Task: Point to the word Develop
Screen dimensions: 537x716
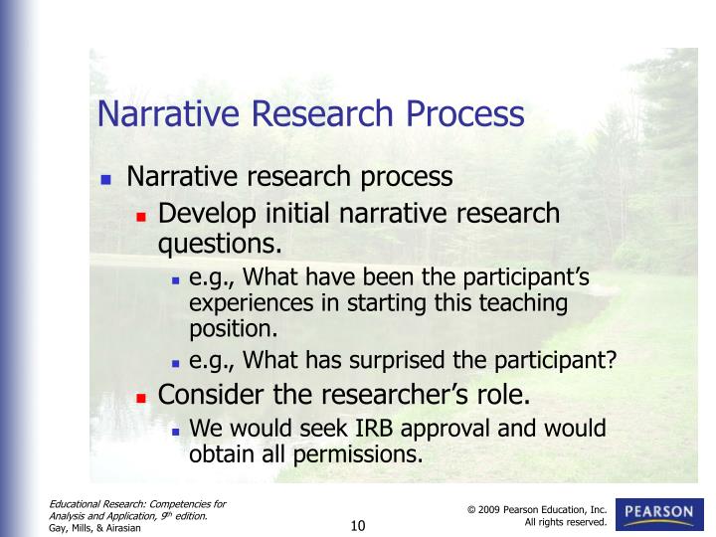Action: pos(204,214)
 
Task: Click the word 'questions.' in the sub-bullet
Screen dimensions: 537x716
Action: pos(221,244)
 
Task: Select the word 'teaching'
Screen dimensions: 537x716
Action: pos(520,302)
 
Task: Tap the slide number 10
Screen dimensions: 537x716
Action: pos(358,525)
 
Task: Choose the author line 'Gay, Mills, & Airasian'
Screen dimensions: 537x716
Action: pos(96,528)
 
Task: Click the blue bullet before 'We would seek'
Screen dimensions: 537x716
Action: pos(175,431)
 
